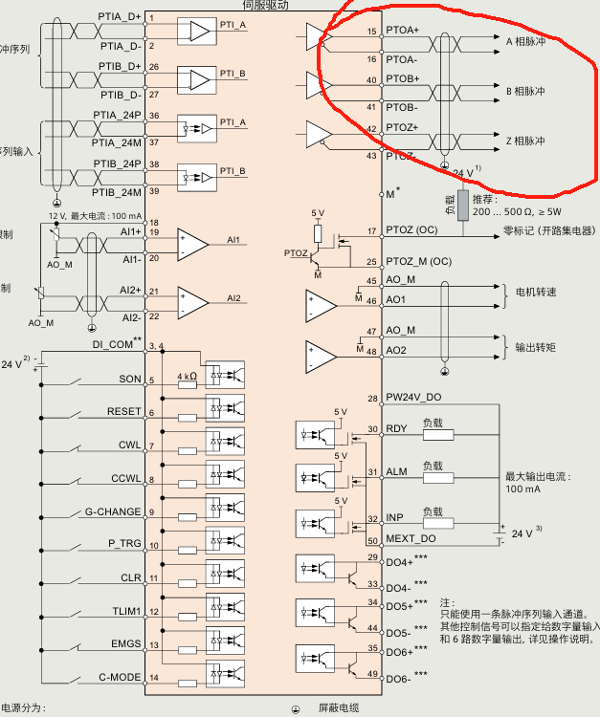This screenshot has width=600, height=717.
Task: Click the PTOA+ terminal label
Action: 402,31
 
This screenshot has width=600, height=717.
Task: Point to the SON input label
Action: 129,380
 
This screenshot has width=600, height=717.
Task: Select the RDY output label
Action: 394,429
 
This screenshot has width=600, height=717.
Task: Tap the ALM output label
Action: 394,472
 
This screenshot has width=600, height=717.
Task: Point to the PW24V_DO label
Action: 413,398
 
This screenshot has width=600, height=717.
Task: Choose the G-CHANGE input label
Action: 115,511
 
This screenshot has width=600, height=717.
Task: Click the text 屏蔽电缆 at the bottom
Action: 338,708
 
